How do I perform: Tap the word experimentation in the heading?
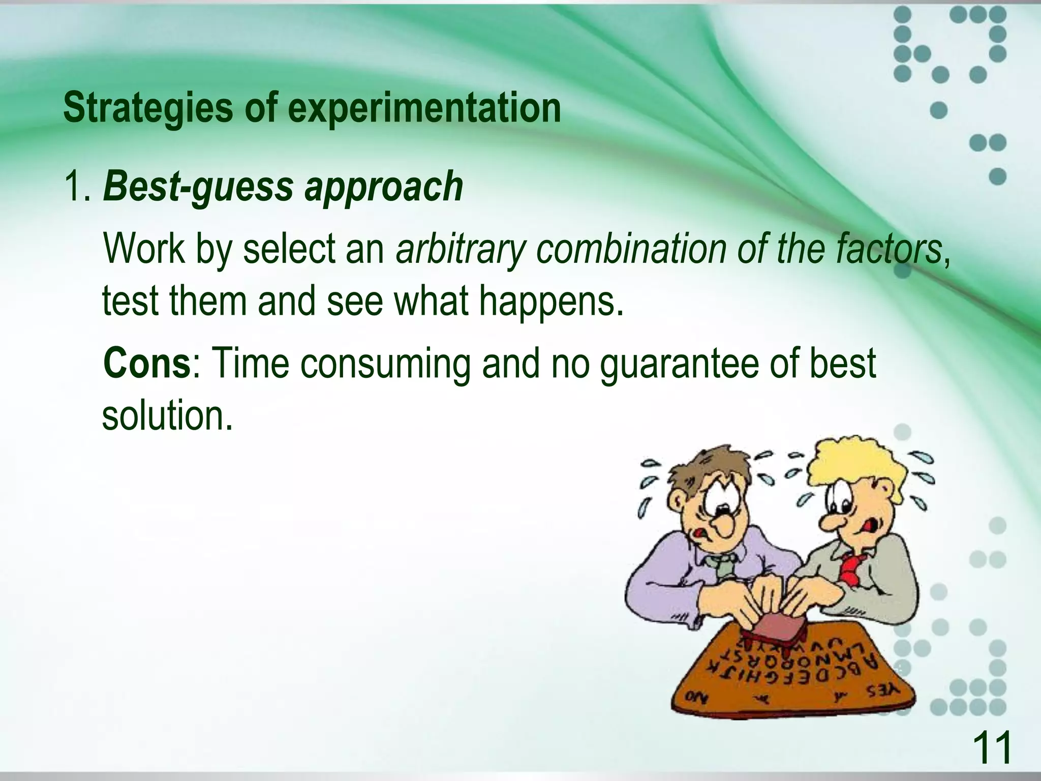[x=424, y=108]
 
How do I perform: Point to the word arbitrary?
[x=460, y=250]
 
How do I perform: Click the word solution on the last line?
[x=167, y=416]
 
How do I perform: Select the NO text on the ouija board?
[x=697, y=697]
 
